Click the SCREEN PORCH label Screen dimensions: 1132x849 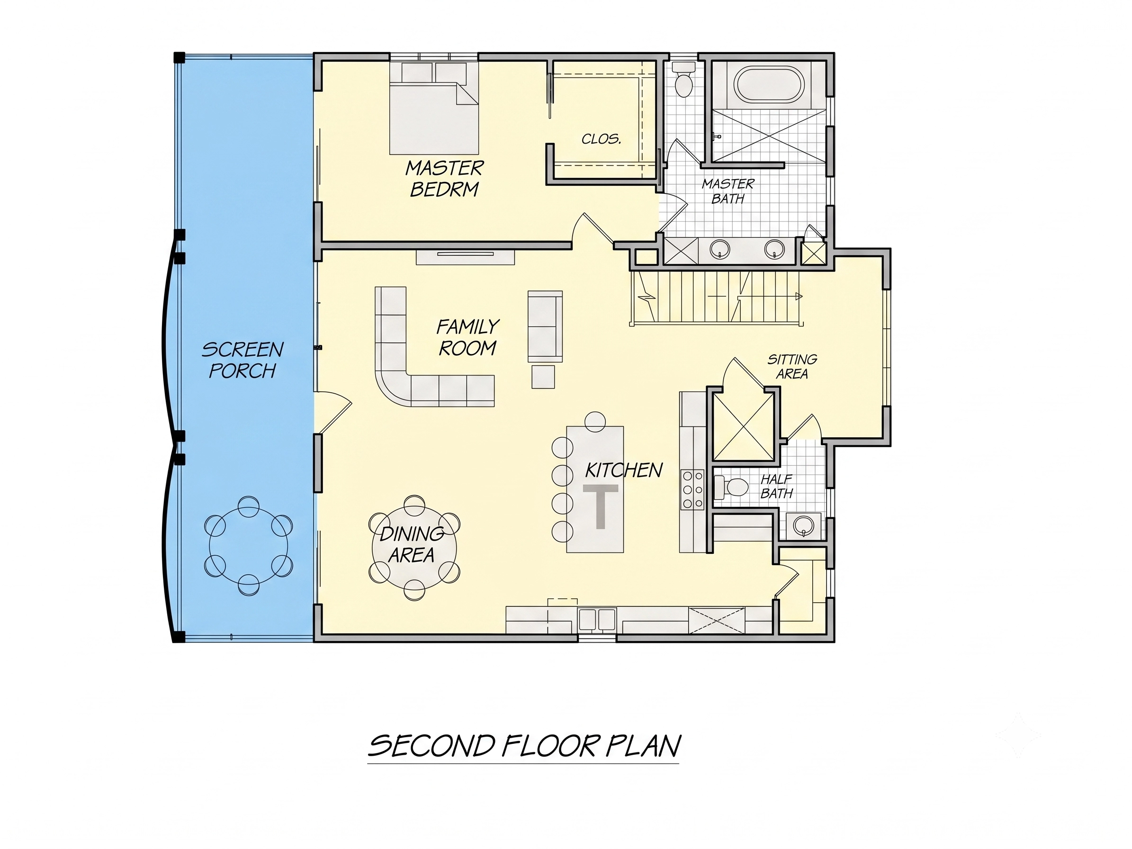[243, 360]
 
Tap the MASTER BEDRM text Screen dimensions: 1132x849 [444, 179]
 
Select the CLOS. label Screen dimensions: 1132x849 [602, 139]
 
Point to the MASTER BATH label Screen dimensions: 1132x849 [728, 191]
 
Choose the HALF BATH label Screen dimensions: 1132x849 [776, 486]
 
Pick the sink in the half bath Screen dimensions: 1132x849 [803, 525]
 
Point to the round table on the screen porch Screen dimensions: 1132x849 [248, 545]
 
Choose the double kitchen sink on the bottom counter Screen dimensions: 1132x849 [597, 619]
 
